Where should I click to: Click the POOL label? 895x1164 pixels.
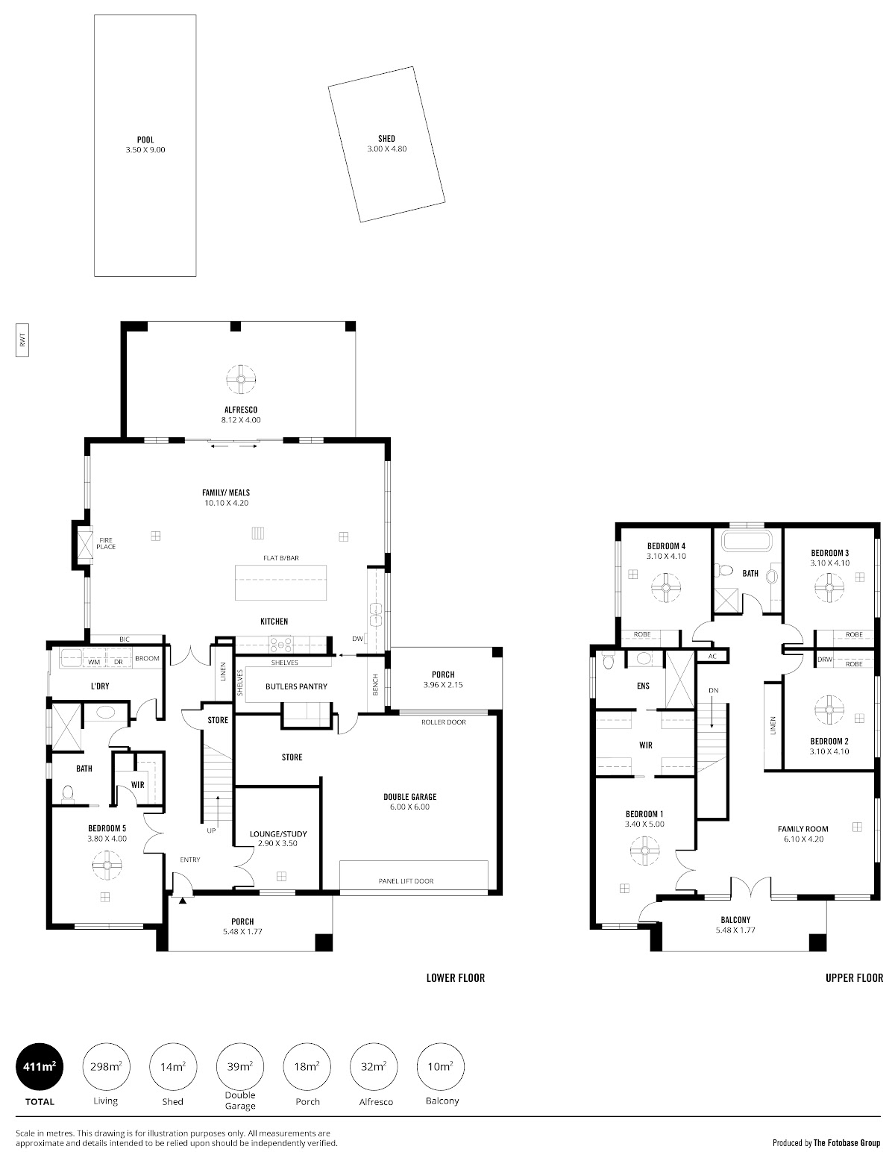[145, 140]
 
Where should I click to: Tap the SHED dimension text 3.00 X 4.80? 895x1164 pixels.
[386, 149]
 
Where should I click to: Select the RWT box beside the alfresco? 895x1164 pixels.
[22, 339]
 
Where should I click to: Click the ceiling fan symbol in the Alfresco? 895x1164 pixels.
[241, 379]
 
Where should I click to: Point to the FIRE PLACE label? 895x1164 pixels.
[106, 544]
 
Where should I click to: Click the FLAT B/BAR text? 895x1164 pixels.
[281, 557]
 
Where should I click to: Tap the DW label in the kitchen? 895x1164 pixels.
[357, 639]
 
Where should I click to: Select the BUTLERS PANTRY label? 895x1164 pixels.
[296, 686]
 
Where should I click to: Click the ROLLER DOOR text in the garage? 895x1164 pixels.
[443, 722]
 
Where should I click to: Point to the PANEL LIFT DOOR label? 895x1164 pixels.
[406, 880]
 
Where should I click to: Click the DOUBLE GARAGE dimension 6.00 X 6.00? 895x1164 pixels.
[409, 807]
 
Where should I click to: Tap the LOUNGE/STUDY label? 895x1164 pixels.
[278, 834]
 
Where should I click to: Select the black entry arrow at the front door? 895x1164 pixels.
[183, 901]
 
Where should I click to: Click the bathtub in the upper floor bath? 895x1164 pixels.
[747, 540]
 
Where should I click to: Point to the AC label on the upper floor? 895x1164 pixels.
[712, 656]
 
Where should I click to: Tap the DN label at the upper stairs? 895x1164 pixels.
[713, 690]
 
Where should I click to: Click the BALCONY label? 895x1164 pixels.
[735, 920]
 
